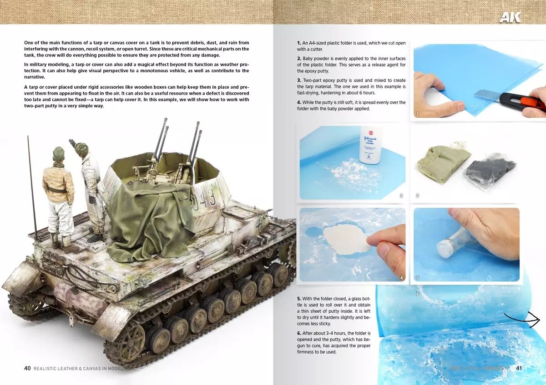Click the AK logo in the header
pos(510,17)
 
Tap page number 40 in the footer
pos(27,368)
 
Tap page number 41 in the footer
pos(519,368)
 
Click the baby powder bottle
pos(370,145)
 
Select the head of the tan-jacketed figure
pos(59,154)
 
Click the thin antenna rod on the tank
pos(32,188)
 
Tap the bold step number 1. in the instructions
pos(299,43)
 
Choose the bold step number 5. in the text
pos(299,299)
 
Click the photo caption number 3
pos(417,195)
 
